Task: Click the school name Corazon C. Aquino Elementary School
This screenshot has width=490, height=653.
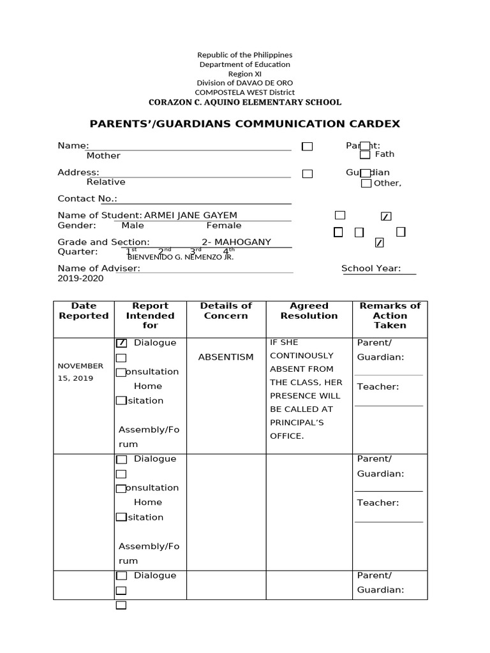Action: pyautogui.click(x=244, y=102)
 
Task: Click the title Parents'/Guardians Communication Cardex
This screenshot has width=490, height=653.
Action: pyautogui.click(x=244, y=124)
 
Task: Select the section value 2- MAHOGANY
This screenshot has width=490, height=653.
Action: pyautogui.click(x=236, y=242)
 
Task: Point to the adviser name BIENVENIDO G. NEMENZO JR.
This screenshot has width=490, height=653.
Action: pyautogui.click(x=181, y=257)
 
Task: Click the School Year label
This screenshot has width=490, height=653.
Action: pyautogui.click(x=371, y=268)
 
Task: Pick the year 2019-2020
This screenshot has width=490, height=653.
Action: pyautogui.click(x=80, y=278)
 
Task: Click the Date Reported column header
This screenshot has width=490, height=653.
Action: pyautogui.click(x=84, y=311)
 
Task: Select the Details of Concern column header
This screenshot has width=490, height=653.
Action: pyautogui.click(x=226, y=311)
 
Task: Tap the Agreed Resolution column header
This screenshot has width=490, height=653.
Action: pyautogui.click(x=309, y=311)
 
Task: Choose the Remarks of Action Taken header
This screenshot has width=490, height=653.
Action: pyautogui.click(x=390, y=316)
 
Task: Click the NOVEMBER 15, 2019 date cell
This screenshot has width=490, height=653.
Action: pyautogui.click(x=80, y=372)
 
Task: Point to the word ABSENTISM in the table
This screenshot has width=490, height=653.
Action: pyautogui.click(x=226, y=357)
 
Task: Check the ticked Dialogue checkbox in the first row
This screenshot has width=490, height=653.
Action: pyautogui.click(x=121, y=343)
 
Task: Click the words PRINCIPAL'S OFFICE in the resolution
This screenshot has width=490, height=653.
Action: pyautogui.click(x=297, y=429)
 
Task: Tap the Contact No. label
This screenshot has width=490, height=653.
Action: pyautogui.click(x=87, y=199)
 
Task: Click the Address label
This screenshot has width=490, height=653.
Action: pyautogui.click(x=78, y=172)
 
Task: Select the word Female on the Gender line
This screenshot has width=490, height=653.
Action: pyautogui.click(x=224, y=225)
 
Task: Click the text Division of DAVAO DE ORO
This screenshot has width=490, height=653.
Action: pyautogui.click(x=244, y=83)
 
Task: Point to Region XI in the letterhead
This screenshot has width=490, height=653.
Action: pyautogui.click(x=244, y=73)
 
